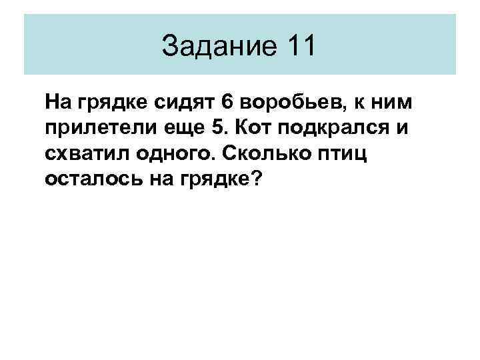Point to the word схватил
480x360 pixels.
84,154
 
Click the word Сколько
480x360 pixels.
259,154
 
